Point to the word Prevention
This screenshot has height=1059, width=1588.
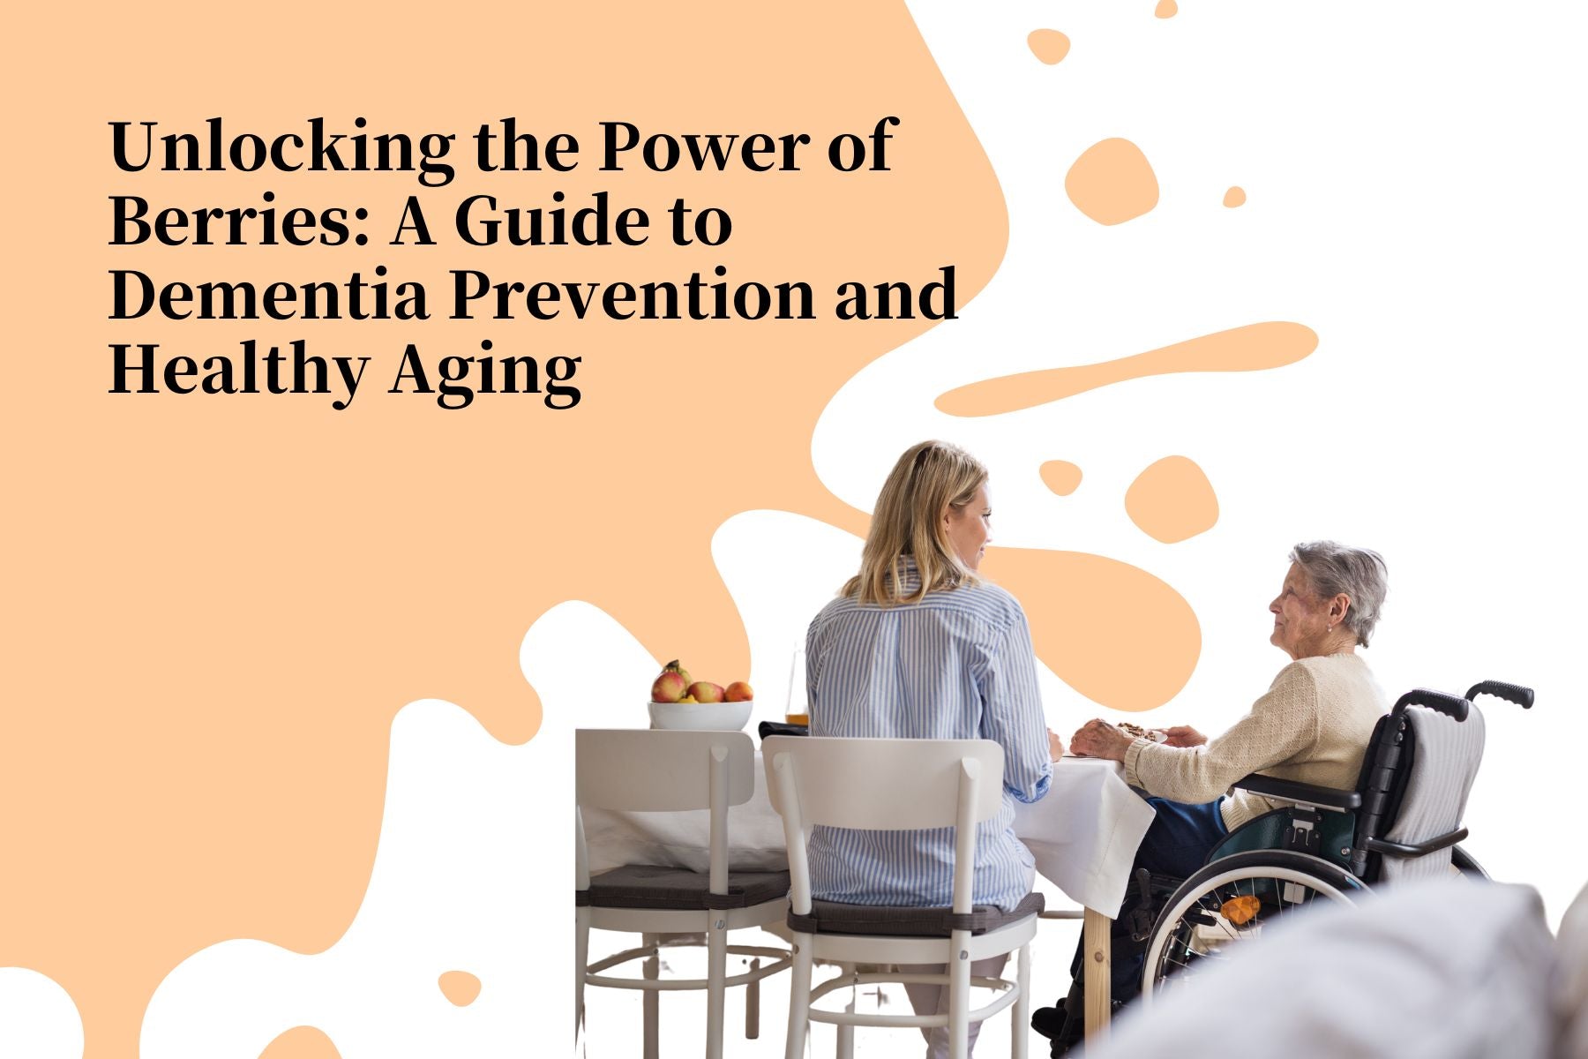pos(632,294)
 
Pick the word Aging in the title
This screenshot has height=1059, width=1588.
pos(485,369)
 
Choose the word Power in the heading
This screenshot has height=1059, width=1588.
pos(702,146)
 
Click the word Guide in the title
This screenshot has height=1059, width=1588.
pos(551,221)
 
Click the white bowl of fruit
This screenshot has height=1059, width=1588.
pos(700,712)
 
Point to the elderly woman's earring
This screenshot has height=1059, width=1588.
pos(1330,627)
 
